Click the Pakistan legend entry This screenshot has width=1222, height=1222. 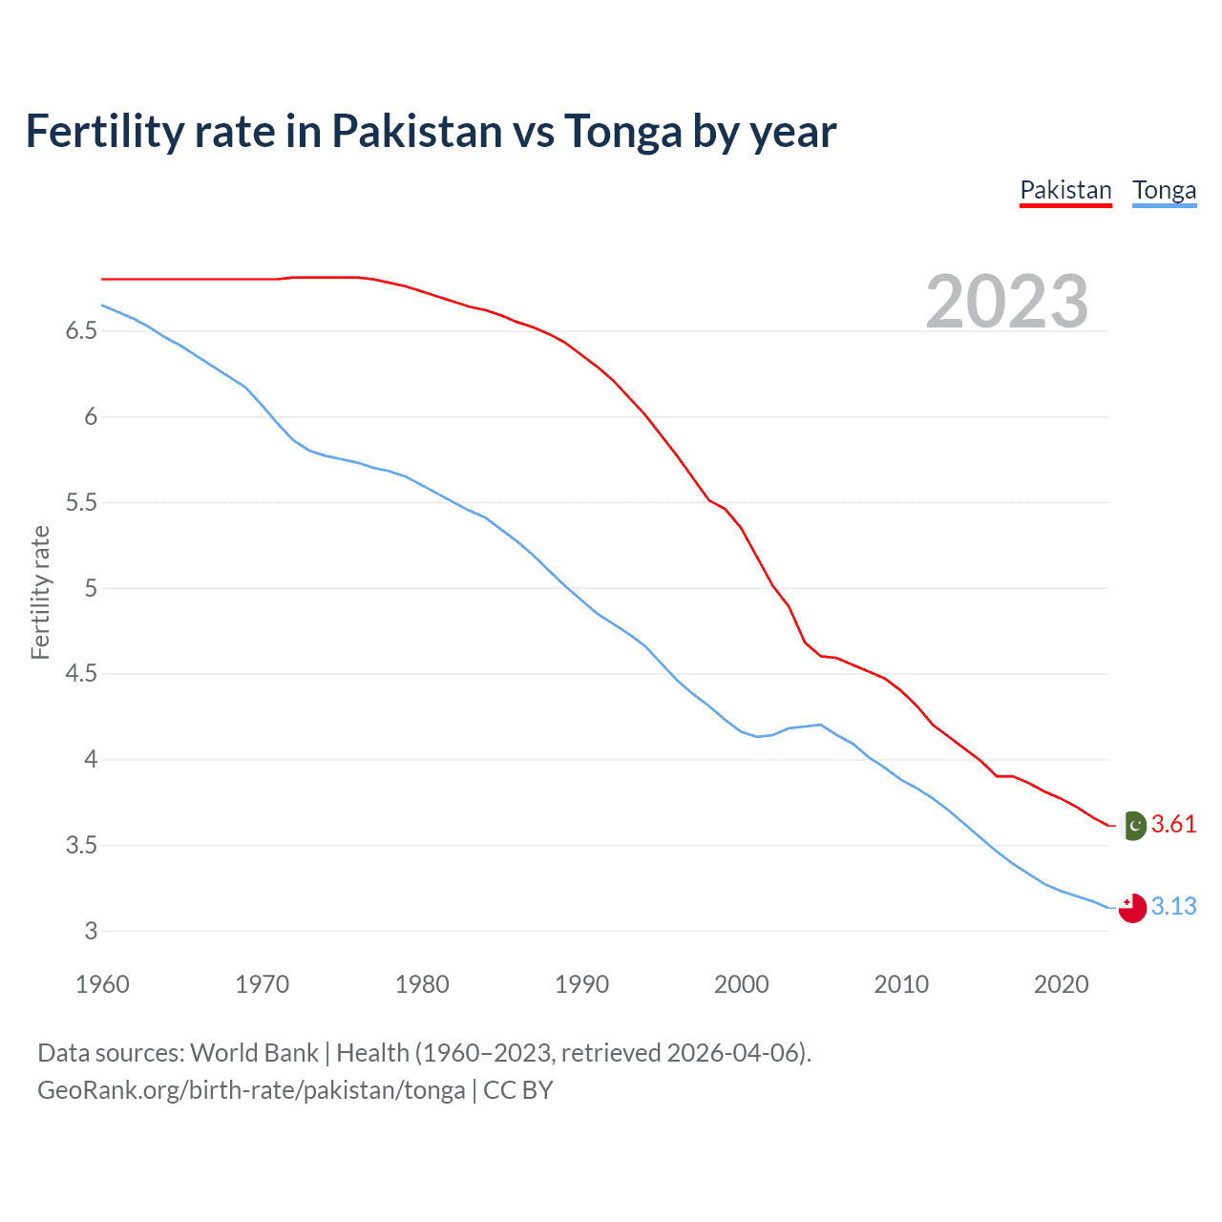click(x=1065, y=190)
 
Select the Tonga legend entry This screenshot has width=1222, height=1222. click(x=1164, y=190)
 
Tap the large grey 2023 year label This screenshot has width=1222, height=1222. click(x=1007, y=302)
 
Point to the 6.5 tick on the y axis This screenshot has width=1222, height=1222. click(x=81, y=331)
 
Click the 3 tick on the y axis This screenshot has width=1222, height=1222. click(x=91, y=931)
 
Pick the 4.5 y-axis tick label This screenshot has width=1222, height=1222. click(x=81, y=674)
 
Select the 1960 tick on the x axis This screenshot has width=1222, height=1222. click(x=102, y=984)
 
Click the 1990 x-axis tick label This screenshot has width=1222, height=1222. click(x=581, y=984)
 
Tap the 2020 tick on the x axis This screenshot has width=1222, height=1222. click(x=1061, y=984)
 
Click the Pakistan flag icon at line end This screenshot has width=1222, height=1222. click(x=1132, y=825)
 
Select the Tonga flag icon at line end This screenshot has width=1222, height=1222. click(x=1132, y=908)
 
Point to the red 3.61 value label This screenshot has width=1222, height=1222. click(x=1173, y=824)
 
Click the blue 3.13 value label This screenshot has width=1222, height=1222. click(x=1173, y=906)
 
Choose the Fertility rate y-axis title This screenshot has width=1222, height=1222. click(x=40, y=592)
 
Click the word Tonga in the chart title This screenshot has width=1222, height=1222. click(x=622, y=132)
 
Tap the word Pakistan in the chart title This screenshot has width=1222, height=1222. click(x=417, y=132)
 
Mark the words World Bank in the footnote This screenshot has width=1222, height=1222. click(x=254, y=1053)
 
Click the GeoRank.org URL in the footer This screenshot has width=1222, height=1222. click(x=251, y=1090)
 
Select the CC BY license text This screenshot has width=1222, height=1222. click(x=518, y=1090)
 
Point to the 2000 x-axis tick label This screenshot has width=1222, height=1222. click(x=741, y=984)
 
